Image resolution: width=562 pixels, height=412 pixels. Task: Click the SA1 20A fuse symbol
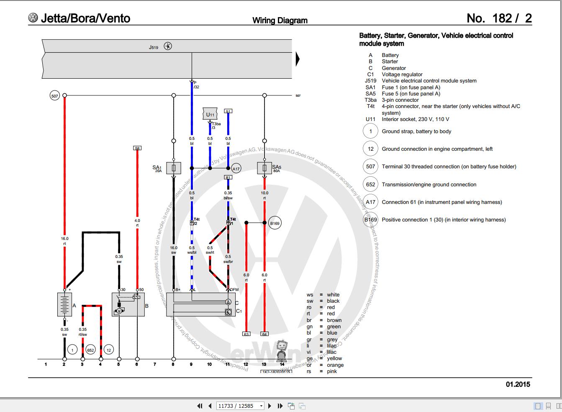click(174, 168)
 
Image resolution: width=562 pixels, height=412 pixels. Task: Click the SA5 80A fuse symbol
click(264, 168)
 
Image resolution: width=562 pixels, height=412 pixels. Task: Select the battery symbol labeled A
click(64, 304)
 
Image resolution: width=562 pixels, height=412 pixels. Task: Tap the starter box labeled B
click(128, 304)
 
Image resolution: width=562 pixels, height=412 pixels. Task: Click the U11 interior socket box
click(210, 114)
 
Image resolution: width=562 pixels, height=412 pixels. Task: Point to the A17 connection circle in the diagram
click(236, 169)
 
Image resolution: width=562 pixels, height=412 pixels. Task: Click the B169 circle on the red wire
click(275, 223)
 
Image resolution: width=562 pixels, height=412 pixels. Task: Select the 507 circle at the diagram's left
click(54, 96)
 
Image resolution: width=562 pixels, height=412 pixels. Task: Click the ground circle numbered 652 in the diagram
click(90, 350)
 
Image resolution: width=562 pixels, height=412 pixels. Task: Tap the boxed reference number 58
click(137, 148)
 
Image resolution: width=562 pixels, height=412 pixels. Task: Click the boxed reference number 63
click(246, 334)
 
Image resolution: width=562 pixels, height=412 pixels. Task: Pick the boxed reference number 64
click(264, 334)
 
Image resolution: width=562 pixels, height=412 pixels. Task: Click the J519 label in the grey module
click(154, 47)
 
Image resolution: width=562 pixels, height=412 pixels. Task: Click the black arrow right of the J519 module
click(298, 59)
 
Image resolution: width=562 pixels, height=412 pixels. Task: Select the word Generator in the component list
click(393, 68)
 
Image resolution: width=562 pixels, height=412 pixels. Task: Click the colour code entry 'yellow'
click(334, 358)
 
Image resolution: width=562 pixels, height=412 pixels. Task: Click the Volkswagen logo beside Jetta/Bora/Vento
click(33, 18)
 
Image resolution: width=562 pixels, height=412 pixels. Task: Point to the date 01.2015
click(518, 384)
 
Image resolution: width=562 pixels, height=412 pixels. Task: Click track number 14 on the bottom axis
click(282, 364)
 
